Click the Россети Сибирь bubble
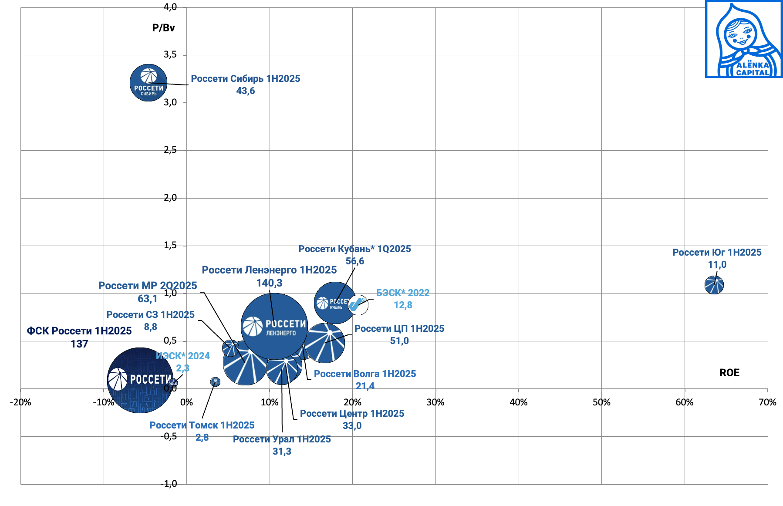148,83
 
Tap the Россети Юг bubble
714,285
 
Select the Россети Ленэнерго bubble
274,326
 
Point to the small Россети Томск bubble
215,382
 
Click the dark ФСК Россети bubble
140,380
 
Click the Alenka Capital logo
744,39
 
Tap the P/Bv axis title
163,28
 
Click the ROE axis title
729,373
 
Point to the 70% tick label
767,402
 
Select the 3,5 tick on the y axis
170,54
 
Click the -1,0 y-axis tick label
169,484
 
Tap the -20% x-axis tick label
20,402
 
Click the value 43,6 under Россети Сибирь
246,91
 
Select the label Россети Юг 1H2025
717,253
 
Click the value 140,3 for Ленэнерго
269,283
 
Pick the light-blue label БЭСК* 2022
403,293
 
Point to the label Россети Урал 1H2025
282,439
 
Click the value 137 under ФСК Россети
79,344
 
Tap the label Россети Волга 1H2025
365,374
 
